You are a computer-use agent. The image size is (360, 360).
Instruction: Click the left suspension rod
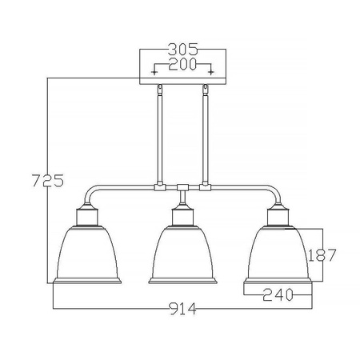pyautogui.click(x=159, y=136)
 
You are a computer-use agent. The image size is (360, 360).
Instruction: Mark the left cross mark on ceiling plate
pyautogui.click(x=154, y=71)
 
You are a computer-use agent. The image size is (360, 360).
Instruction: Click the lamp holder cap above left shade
pyautogui.click(x=88, y=214)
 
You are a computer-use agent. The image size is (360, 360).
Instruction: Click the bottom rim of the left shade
pyautogui.click(x=89, y=282)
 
